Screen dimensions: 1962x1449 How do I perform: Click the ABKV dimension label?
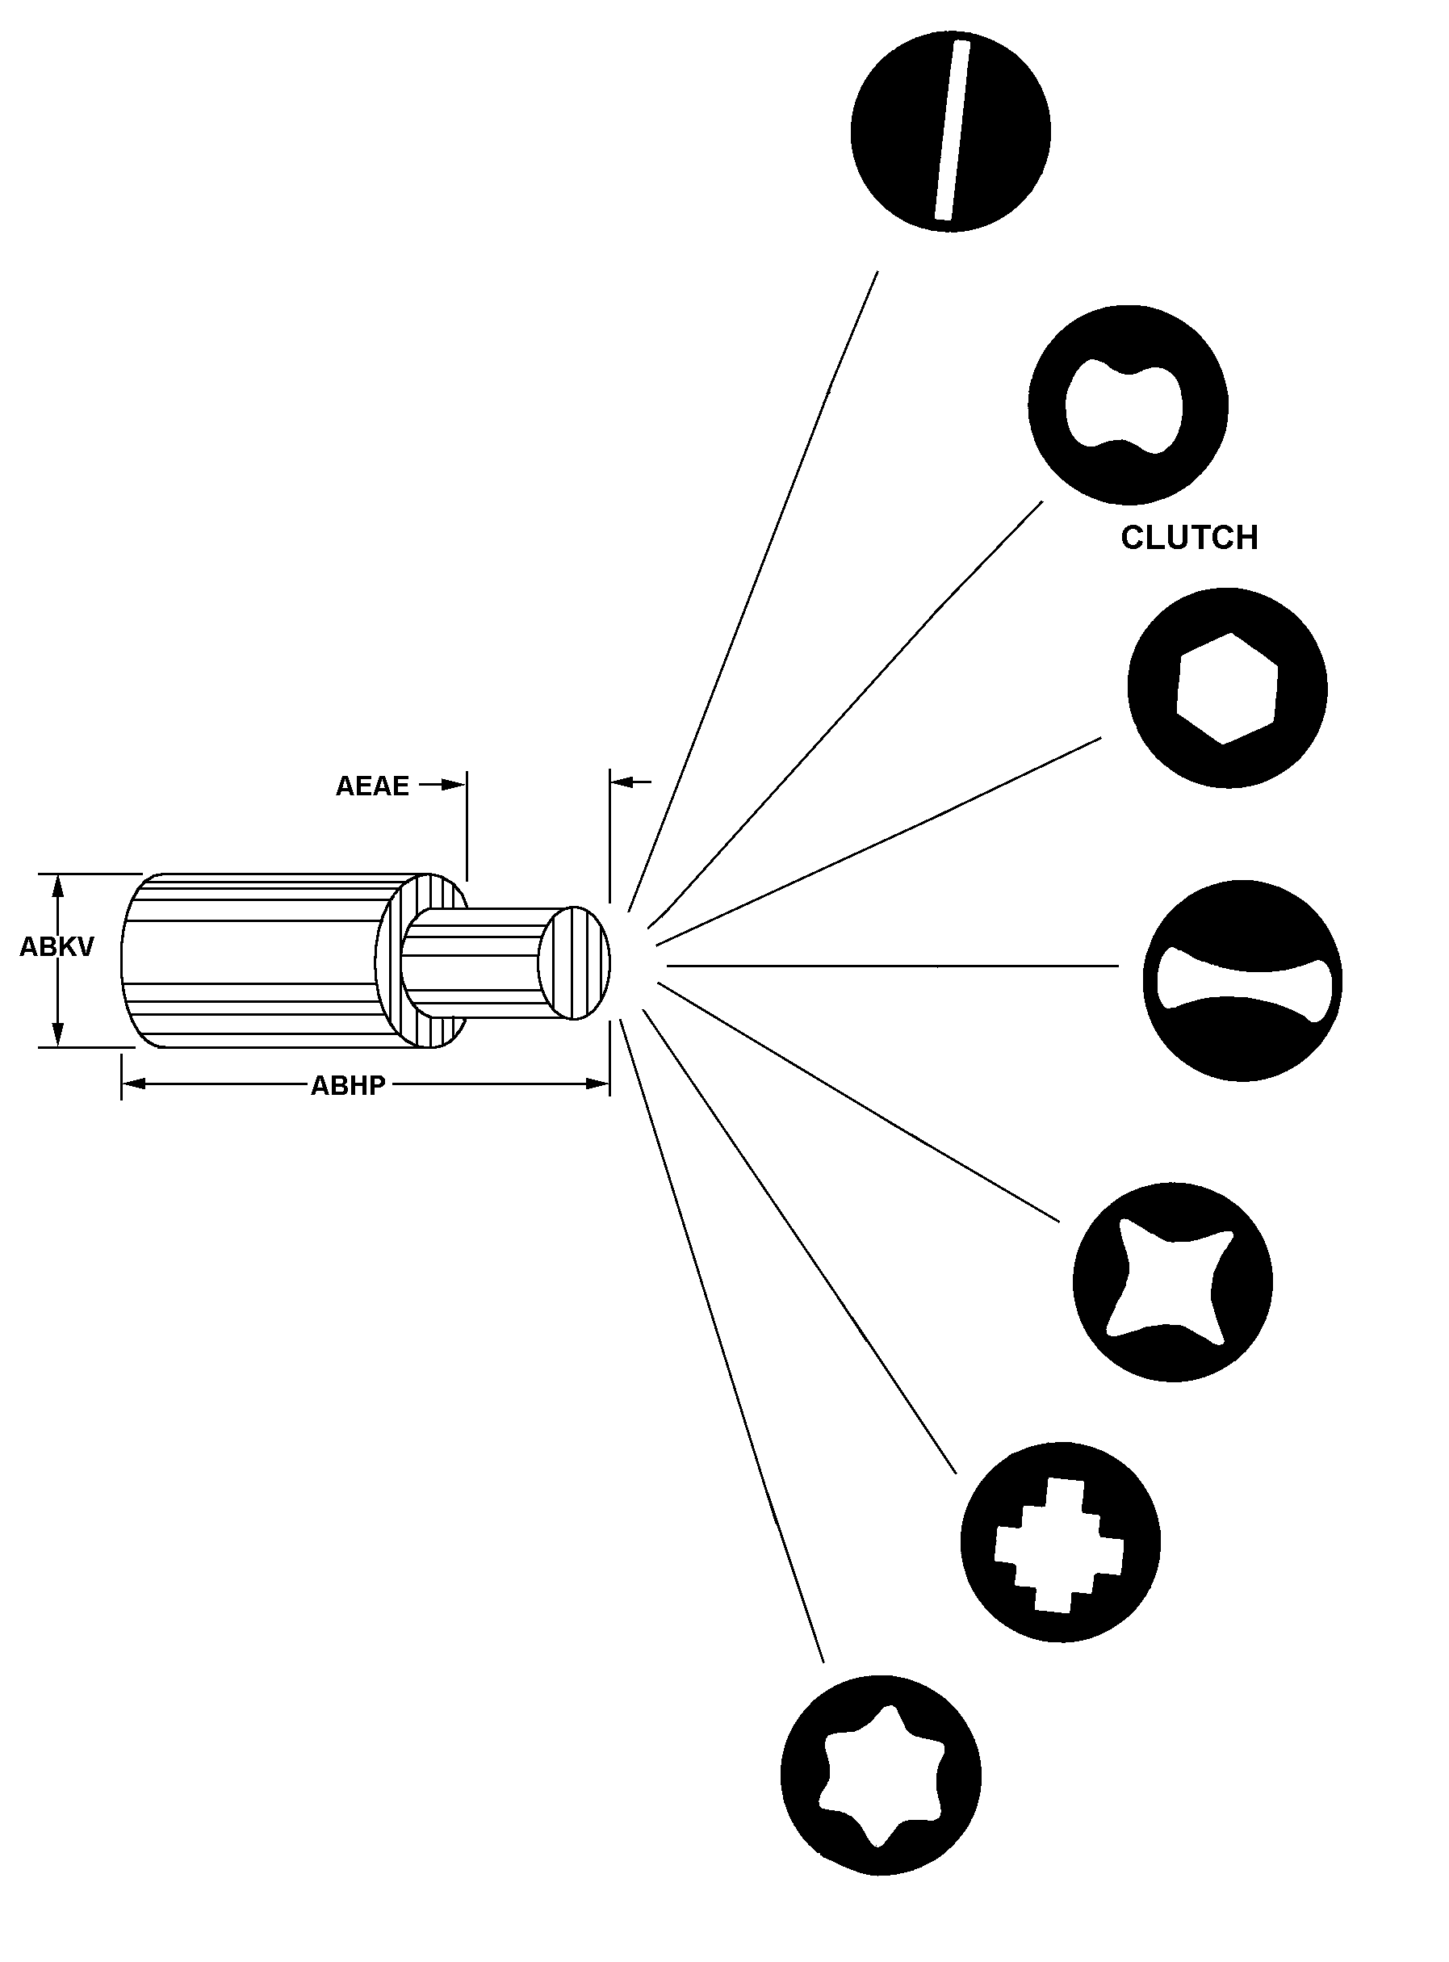[x=57, y=947]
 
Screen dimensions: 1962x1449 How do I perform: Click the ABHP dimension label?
[x=348, y=1086]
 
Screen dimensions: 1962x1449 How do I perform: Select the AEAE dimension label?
[x=372, y=786]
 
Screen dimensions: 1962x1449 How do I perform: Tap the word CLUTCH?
[x=1188, y=538]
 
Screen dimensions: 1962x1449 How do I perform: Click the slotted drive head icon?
[x=950, y=132]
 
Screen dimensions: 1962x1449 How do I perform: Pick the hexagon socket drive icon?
[x=1227, y=689]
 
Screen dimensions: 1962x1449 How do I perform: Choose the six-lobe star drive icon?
[x=881, y=1776]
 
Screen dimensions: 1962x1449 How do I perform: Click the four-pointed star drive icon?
[x=1172, y=1281]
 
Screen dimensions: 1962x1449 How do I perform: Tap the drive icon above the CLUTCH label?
[x=1127, y=405]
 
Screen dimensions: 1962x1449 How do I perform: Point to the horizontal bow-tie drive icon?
[x=1242, y=980]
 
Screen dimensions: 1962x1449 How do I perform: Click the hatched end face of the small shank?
[x=575, y=963]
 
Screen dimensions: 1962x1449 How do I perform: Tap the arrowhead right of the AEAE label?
[x=454, y=785]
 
